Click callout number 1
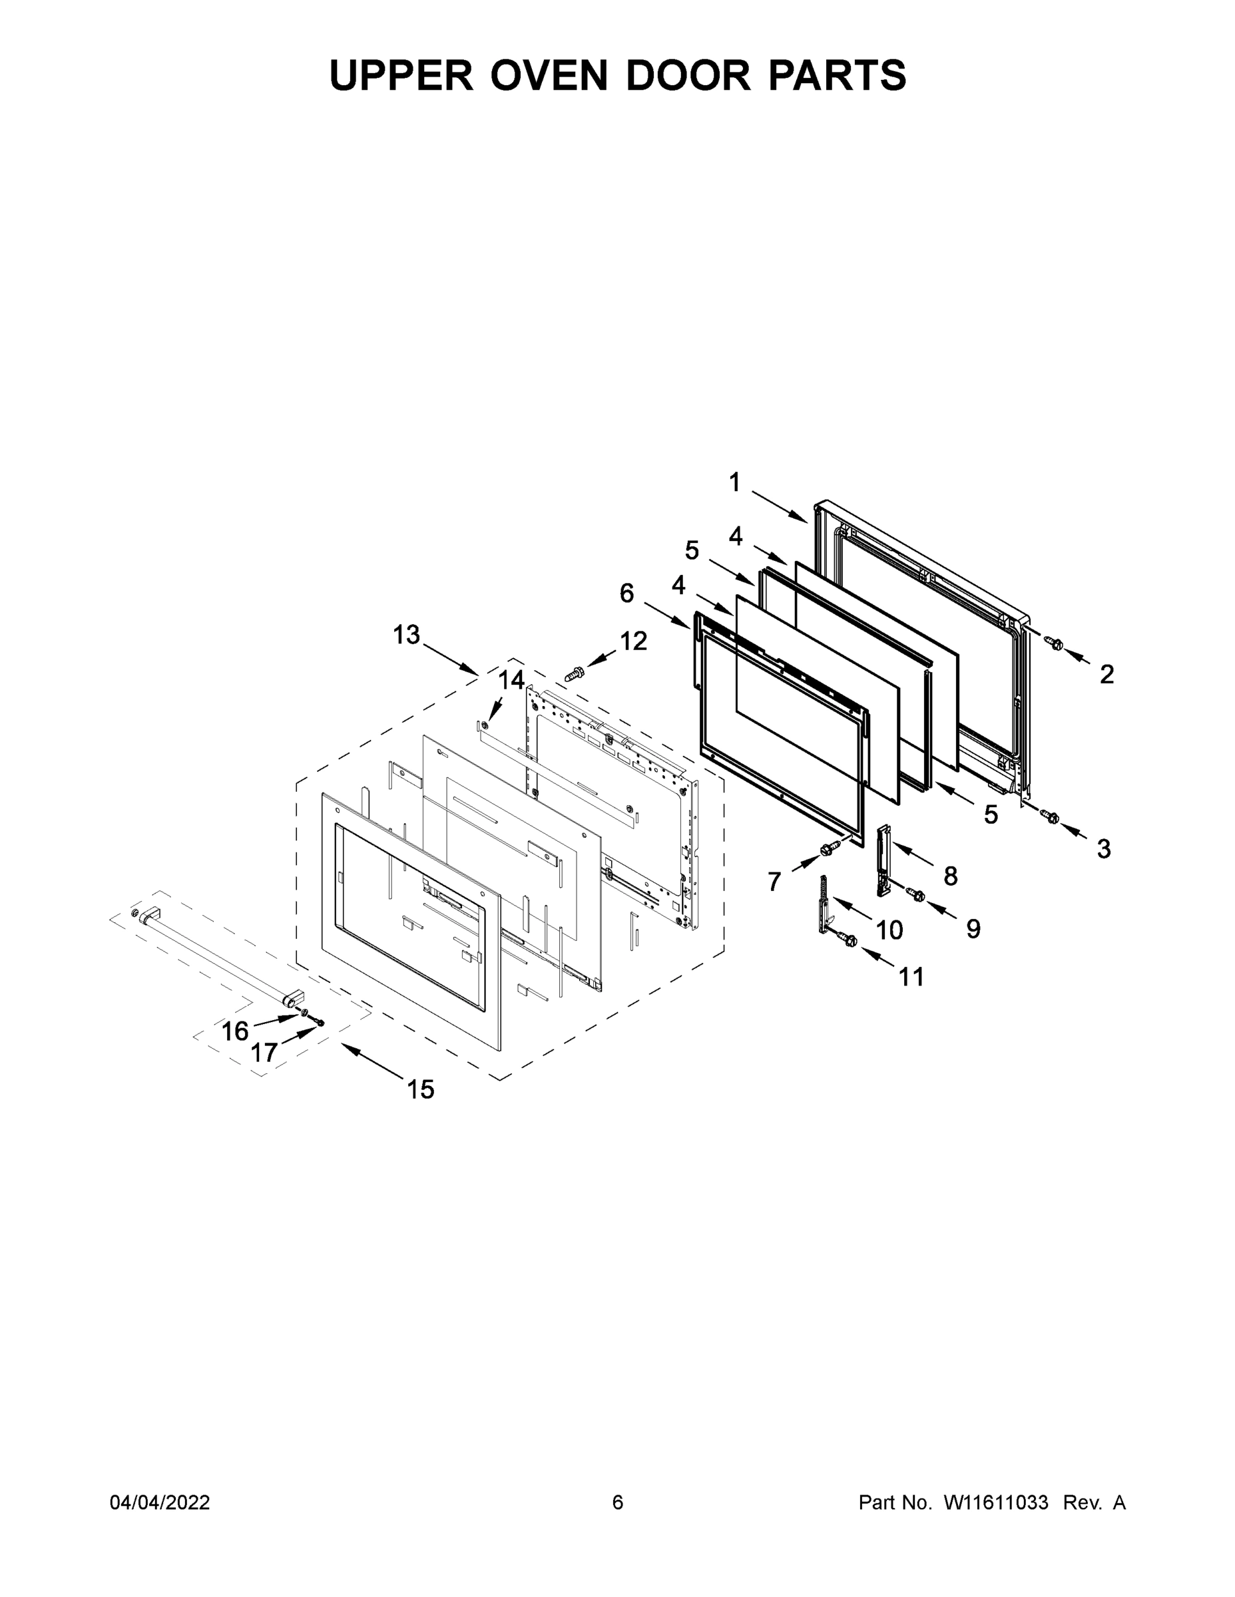click(x=734, y=482)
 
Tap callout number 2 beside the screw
click(x=1107, y=674)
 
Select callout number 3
click(x=1103, y=849)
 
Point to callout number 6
click(x=626, y=593)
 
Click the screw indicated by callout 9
click(x=915, y=894)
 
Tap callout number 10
click(x=889, y=930)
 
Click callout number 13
click(x=406, y=634)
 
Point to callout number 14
click(x=511, y=680)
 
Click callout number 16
click(x=235, y=1031)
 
